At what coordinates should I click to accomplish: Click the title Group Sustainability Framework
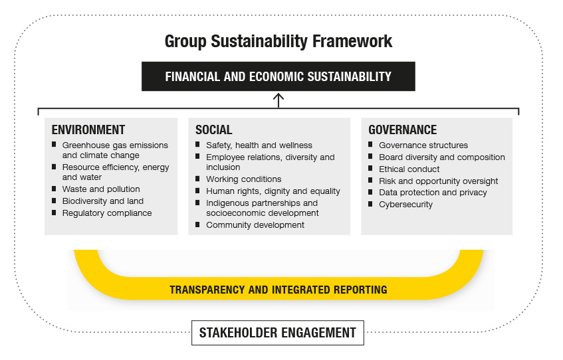[x=279, y=41]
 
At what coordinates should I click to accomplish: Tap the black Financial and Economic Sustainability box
[x=279, y=76]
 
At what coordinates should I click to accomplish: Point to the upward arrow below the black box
[x=279, y=100]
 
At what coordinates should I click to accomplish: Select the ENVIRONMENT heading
[x=88, y=130]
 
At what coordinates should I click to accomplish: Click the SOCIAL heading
[x=213, y=130]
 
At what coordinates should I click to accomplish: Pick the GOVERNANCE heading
[x=403, y=130]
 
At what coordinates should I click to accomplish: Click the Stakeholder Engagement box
[x=278, y=333]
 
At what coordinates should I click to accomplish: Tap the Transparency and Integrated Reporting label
[x=279, y=290]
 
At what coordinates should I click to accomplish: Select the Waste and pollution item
[x=101, y=189]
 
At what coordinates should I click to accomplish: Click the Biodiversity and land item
[x=102, y=201]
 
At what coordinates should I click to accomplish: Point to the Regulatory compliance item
[x=107, y=213]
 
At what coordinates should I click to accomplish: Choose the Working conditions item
[x=243, y=179]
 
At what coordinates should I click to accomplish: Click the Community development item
[x=255, y=225]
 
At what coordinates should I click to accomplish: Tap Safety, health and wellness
[x=259, y=145]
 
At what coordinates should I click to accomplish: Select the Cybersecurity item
[x=405, y=205]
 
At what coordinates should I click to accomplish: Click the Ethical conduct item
[x=409, y=169]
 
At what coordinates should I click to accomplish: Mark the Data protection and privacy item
[x=433, y=193]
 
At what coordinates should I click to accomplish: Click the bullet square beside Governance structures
[x=370, y=144]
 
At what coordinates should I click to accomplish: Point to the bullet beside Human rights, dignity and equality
[x=197, y=190]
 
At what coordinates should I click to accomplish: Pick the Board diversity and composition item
[x=441, y=157]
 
